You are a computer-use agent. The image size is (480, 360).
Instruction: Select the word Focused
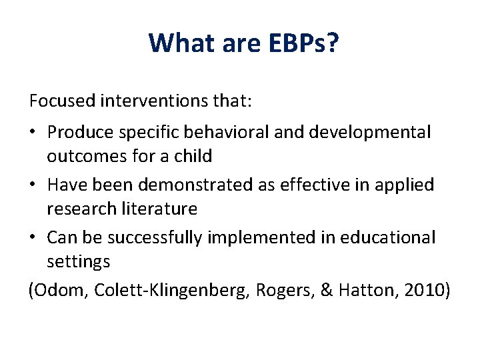tap(62, 102)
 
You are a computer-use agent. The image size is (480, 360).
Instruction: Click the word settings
tap(78, 262)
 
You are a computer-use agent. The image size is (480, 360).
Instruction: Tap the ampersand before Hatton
tap(325, 291)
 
